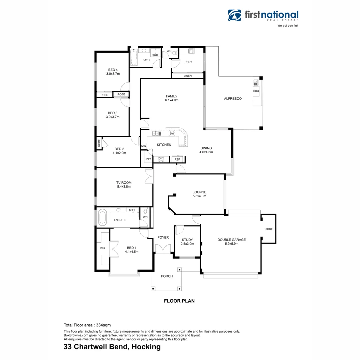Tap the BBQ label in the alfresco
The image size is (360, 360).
pyautogui.click(x=256, y=91)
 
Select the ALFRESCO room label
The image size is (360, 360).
pyautogui.click(x=233, y=99)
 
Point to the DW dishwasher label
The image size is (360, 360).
pyautogui.click(x=172, y=134)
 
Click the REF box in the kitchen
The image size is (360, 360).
pyautogui.click(x=177, y=159)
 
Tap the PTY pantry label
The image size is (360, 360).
pyautogui.click(x=148, y=159)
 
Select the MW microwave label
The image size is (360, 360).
pyautogui.click(x=144, y=146)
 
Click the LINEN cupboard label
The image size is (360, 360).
pyautogui.click(x=188, y=76)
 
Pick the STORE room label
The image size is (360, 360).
pyautogui.click(x=268, y=229)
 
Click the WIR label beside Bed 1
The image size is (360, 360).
pyautogui.click(x=102, y=248)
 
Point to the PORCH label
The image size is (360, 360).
pyautogui.click(x=167, y=276)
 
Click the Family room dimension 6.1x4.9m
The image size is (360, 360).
pyautogui.click(x=172, y=100)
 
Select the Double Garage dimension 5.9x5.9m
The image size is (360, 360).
pyautogui.click(x=231, y=244)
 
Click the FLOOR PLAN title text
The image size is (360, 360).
pyautogui.click(x=179, y=301)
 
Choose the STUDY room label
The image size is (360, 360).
pyautogui.click(x=187, y=240)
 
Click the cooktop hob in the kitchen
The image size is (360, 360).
pyautogui.click(x=161, y=159)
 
